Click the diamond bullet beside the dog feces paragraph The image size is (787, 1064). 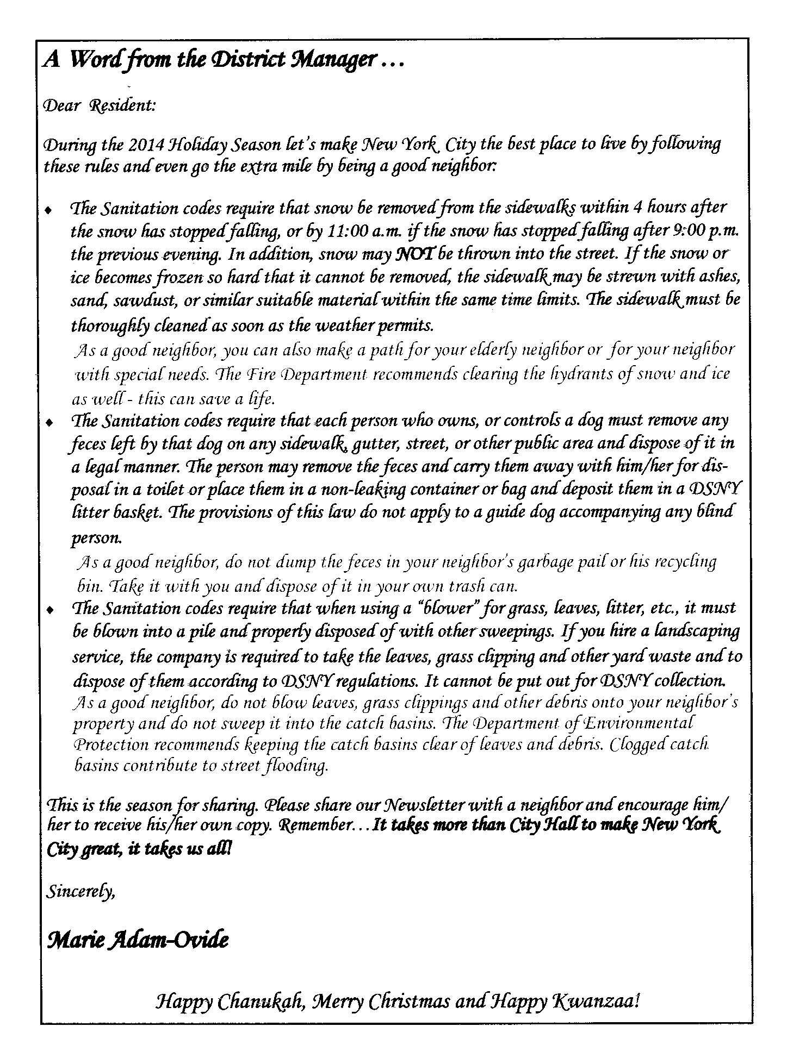pos(50,422)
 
